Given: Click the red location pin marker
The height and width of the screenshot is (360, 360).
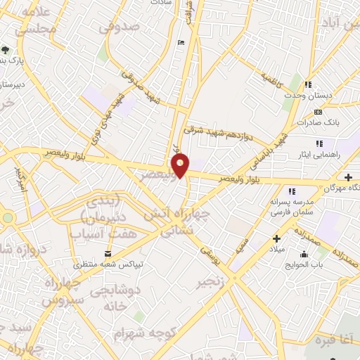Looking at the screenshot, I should (181, 165).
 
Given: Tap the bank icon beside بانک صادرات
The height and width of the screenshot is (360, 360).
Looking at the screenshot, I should (318, 112).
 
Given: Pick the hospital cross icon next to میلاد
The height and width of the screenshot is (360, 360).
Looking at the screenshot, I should (276, 238).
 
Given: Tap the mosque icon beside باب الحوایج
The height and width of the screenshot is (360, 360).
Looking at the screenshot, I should (304, 255).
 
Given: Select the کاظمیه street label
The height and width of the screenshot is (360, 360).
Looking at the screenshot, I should (271, 83).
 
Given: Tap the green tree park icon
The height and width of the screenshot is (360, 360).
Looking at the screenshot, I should (6, 49).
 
